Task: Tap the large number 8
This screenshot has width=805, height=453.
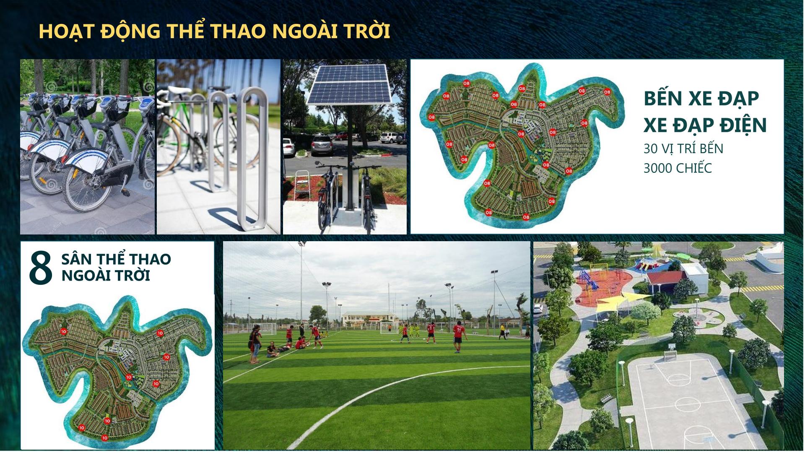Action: pyautogui.click(x=41, y=266)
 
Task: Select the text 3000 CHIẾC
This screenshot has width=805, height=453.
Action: pyautogui.click(x=678, y=168)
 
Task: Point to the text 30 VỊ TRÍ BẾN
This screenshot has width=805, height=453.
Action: pyautogui.click(x=683, y=149)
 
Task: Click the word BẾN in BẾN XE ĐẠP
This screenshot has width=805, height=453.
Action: pyautogui.click(x=663, y=99)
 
